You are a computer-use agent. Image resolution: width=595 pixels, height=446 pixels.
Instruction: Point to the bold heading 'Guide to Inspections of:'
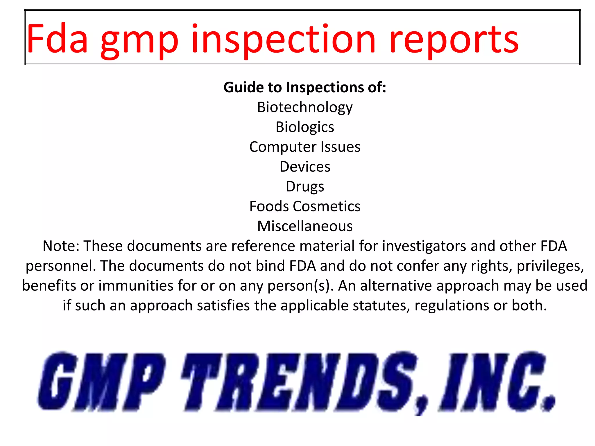click(305, 87)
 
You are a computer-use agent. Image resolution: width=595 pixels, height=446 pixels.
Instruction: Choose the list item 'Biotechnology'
click(305, 107)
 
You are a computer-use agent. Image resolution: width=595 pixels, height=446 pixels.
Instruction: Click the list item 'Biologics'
click(305, 127)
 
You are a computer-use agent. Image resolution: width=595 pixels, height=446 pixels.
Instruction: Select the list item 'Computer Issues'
click(305, 147)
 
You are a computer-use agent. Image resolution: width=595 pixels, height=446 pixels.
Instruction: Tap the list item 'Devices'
click(305, 167)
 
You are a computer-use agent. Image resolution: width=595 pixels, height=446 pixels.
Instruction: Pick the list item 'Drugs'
click(305, 187)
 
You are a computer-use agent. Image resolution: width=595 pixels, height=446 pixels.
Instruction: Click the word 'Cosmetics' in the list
click(327, 206)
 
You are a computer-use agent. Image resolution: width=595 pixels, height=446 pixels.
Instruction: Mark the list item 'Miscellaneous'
click(305, 226)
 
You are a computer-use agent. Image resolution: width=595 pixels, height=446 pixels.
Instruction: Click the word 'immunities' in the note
click(136, 286)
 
